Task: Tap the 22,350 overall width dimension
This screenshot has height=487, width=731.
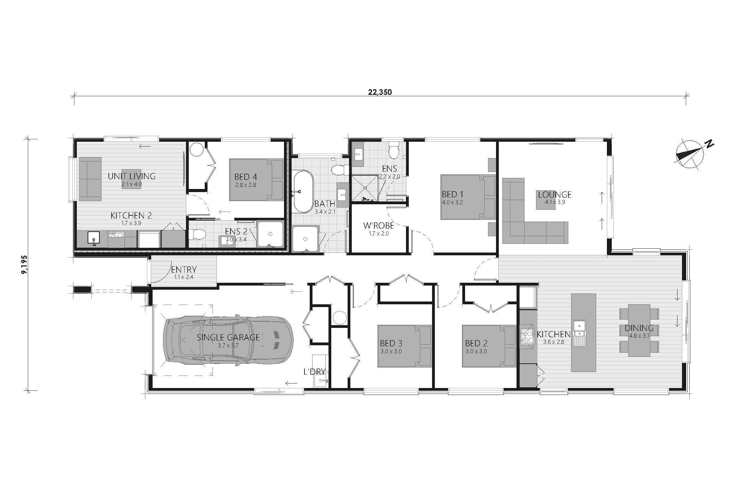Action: click(380, 92)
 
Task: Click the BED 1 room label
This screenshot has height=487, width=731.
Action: click(452, 195)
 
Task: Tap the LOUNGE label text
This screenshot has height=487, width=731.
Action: click(554, 195)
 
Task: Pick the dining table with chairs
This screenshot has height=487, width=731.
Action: click(639, 330)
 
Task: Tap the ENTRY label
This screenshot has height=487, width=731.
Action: click(184, 270)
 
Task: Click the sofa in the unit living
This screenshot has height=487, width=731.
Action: click(90, 179)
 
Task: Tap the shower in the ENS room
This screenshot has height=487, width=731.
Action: click(365, 188)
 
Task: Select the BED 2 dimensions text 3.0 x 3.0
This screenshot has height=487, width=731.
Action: click(476, 351)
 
